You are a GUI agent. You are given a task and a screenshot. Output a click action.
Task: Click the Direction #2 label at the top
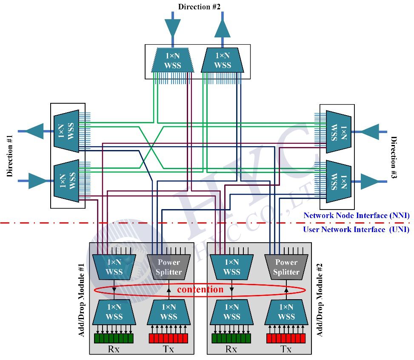[199, 6]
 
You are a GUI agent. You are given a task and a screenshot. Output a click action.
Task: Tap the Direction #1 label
[10, 156]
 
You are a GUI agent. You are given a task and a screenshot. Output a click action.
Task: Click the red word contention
[200, 290]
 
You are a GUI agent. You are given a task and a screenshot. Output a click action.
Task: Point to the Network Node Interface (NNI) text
[356, 215]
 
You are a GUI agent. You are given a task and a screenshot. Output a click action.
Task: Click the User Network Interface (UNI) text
[356, 230]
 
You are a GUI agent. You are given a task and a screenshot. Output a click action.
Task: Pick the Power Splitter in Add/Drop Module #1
[168, 267]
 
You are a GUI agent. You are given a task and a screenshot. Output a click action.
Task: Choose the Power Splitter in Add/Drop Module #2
[286, 267]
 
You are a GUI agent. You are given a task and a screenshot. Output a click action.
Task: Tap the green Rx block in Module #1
[114, 338]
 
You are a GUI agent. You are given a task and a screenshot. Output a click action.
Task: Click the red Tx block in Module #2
[286, 338]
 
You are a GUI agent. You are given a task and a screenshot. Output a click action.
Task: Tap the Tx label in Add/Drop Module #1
[168, 349]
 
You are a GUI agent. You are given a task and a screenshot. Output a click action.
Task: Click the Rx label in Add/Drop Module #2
[231, 349]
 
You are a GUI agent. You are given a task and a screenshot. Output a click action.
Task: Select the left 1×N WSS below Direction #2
[173, 60]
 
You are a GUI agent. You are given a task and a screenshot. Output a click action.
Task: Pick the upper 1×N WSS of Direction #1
[67, 130]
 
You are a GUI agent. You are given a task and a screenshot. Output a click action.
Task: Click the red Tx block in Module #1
[168, 338]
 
